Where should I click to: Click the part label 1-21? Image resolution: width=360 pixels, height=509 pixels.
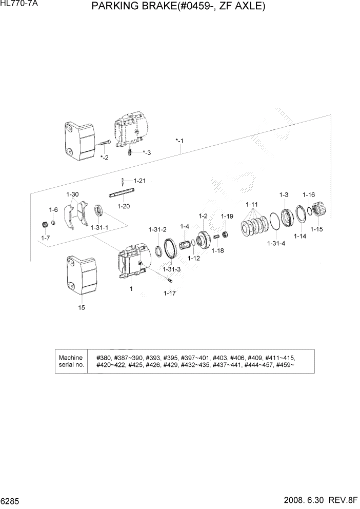click(140, 181)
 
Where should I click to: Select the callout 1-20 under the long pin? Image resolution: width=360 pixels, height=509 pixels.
click(124, 206)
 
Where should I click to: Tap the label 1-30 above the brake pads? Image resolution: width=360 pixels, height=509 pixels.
click(72, 194)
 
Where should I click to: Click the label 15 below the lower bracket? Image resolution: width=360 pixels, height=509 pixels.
click(82, 308)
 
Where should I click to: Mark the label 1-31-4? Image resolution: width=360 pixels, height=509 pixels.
click(276, 244)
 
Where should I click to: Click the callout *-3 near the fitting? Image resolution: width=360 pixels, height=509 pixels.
click(147, 152)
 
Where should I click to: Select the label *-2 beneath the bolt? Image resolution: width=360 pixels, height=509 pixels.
click(104, 157)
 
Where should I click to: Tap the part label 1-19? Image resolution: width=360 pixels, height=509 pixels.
click(227, 216)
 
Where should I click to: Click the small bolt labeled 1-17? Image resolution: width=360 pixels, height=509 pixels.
click(170, 280)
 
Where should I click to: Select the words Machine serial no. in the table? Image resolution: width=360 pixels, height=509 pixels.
click(71, 361)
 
